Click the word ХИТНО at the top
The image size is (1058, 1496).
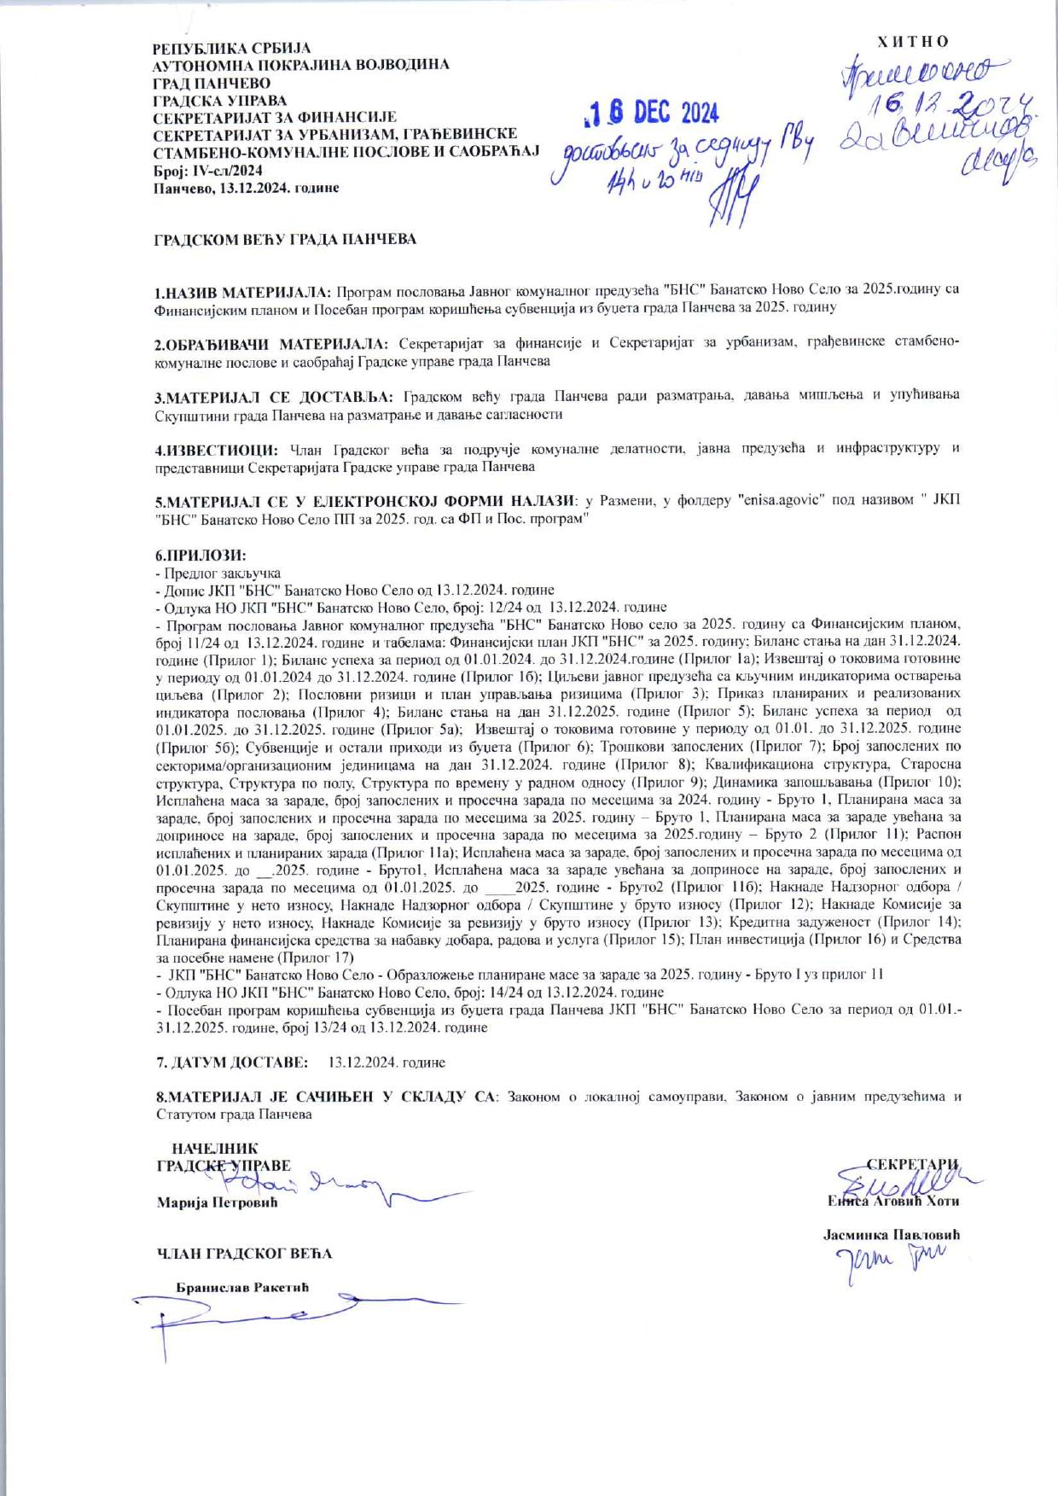(913, 42)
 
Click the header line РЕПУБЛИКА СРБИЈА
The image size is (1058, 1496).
(231, 49)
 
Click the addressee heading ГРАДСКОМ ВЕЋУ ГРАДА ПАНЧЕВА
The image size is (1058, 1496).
(285, 240)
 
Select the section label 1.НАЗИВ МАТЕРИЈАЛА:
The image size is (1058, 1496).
(243, 289)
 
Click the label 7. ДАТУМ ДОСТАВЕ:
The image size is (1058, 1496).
(231, 1063)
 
